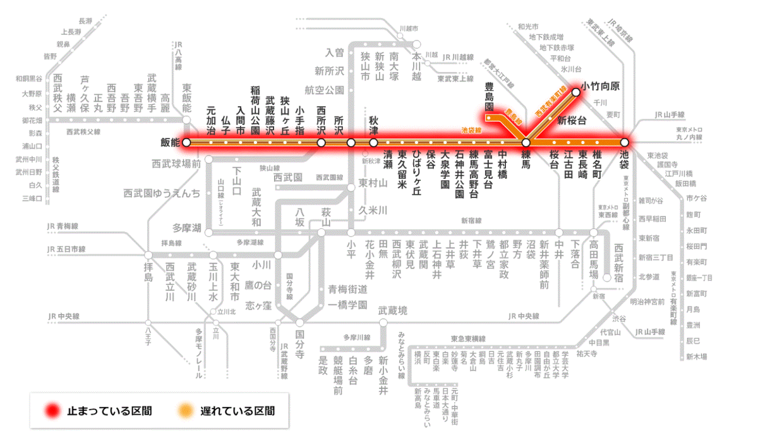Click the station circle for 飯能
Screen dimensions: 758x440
[x=186, y=143]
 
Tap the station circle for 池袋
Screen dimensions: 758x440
[x=625, y=143]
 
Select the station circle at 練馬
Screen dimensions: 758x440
[x=526, y=143]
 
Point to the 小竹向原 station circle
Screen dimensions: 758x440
[x=575, y=92]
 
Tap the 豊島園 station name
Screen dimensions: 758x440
[x=489, y=97]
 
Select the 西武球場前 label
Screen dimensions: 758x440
[x=176, y=164]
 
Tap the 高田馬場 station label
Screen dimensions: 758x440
[x=594, y=259]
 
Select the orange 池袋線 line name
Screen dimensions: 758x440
[x=471, y=130]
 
